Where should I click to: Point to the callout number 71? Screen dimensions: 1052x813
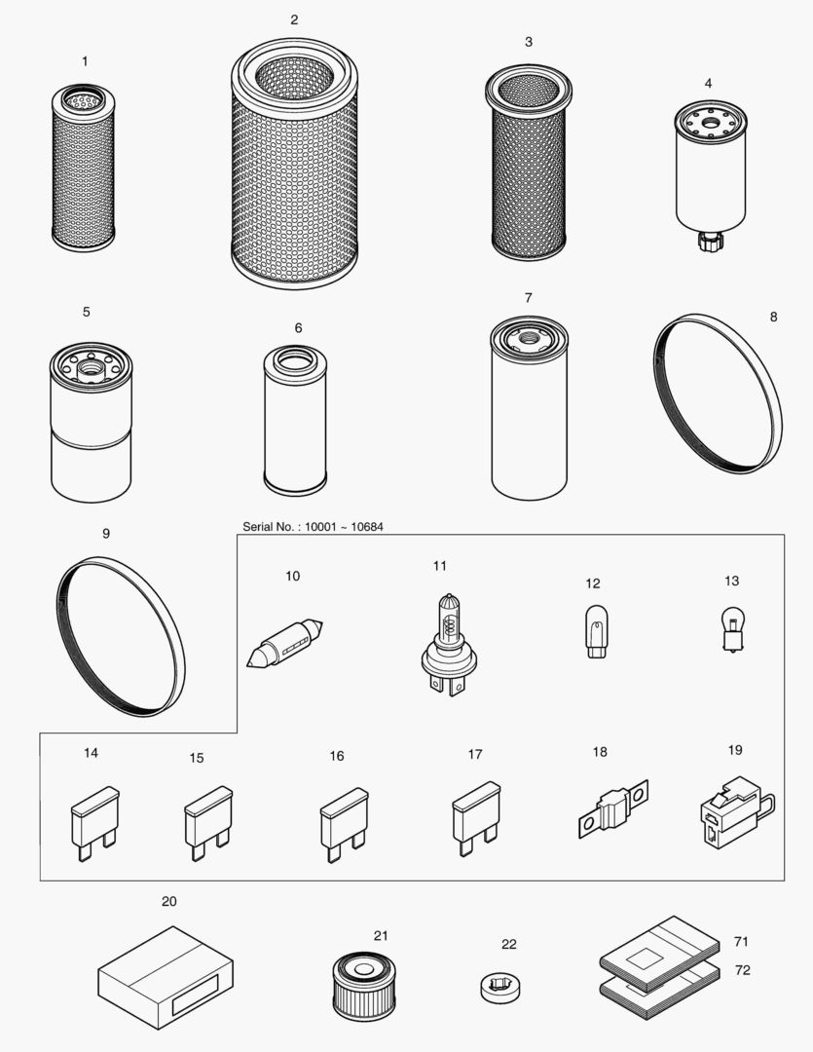click(741, 942)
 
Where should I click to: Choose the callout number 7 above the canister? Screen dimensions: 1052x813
click(528, 297)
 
